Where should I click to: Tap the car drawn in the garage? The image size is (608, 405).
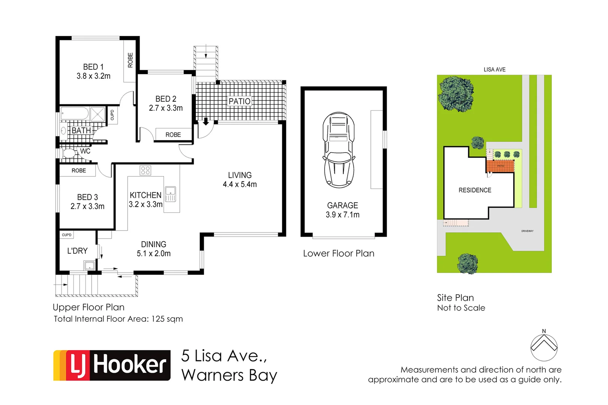coord(339,150)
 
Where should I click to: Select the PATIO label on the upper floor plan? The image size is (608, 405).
coord(239,101)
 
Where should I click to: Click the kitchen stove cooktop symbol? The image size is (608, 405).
coord(145,171)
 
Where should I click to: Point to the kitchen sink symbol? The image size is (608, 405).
coord(170,194)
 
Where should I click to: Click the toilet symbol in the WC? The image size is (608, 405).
coord(69,153)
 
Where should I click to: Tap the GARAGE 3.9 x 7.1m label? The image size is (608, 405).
coord(342,210)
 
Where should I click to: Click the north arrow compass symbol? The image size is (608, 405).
coord(544,347)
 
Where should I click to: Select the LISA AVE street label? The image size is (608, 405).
coord(494,69)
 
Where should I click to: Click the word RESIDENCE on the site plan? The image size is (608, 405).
coord(475,190)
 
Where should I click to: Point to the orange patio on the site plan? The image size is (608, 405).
coord(500,166)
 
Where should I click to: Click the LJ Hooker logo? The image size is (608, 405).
coord(112,365)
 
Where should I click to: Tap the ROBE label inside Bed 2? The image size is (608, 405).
coord(173,135)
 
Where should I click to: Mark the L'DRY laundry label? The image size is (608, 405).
coord(77,251)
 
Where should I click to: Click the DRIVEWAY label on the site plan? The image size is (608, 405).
coord(527,231)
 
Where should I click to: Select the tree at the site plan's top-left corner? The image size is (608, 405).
coord(456,94)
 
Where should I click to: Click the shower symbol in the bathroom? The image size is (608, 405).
coord(98,114)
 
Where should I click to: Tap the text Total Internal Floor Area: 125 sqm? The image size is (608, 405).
coord(118,319)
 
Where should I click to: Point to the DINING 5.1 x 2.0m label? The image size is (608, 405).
coord(154,249)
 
